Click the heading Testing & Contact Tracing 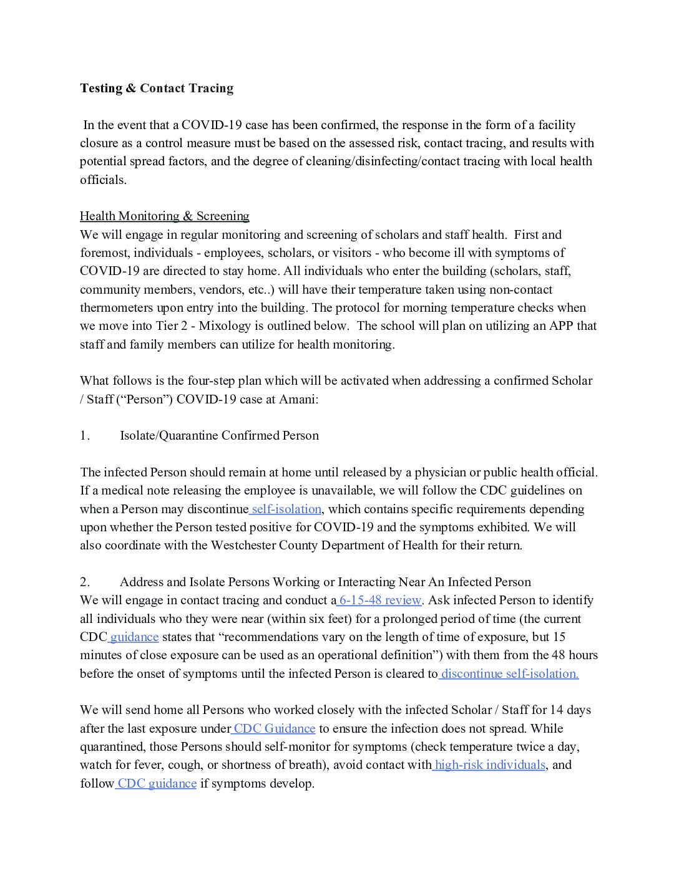[157, 88]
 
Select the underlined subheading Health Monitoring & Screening [164, 216]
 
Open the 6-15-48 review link [380, 600]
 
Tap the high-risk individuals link [490, 765]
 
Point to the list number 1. [85, 435]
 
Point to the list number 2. [85, 582]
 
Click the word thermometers [115, 307]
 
